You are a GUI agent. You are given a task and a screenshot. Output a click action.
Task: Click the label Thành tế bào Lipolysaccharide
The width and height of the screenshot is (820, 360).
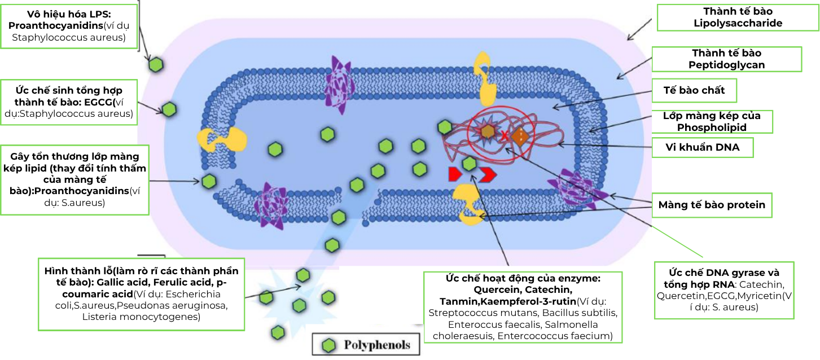coord(738,17)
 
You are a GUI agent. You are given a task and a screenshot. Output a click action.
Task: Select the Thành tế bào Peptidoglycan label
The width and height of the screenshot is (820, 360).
coord(726,59)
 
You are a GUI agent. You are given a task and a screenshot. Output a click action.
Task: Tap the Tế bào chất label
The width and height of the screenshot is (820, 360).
coord(702,90)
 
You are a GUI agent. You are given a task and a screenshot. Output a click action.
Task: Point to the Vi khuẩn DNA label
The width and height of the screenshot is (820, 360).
coord(702,148)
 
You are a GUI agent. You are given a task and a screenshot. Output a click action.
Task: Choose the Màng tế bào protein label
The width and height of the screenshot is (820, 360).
coord(712,205)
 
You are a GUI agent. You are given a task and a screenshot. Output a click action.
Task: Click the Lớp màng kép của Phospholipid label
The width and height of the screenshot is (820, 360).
coord(711,121)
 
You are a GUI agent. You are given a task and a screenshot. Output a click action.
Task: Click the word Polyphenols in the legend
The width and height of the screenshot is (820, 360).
coord(377,345)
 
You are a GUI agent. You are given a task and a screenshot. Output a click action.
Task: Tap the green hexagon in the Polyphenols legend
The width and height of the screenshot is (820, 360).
coord(327,345)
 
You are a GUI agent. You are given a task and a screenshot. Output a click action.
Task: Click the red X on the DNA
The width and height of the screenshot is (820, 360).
coord(505,135)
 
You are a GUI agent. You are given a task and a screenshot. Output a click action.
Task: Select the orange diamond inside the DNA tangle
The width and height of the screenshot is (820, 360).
coord(522,136)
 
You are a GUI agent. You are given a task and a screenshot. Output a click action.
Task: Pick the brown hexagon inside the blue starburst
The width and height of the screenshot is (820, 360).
coord(487,132)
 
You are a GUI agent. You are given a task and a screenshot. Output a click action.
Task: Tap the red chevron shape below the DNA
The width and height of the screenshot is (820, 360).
coord(488,174)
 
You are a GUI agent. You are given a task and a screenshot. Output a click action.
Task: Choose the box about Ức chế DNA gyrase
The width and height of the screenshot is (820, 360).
coord(724,290)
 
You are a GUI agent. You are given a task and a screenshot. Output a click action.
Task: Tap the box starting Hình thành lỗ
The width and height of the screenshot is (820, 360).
coord(141,293)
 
